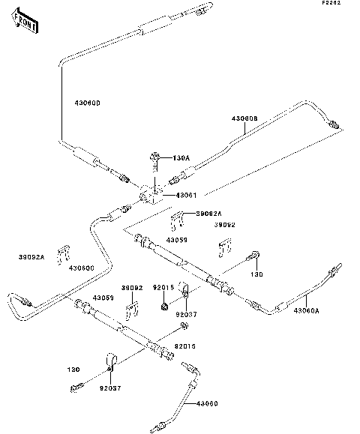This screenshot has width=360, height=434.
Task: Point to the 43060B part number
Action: point(244,118)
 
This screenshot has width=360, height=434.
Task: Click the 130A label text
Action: point(181,157)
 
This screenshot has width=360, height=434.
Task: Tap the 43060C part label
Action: point(81,268)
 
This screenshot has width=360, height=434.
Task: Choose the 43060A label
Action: point(327,310)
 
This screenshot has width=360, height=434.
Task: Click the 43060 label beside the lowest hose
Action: point(208,404)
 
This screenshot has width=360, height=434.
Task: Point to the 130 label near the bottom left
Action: point(73,370)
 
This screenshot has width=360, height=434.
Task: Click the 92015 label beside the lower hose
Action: point(184,346)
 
